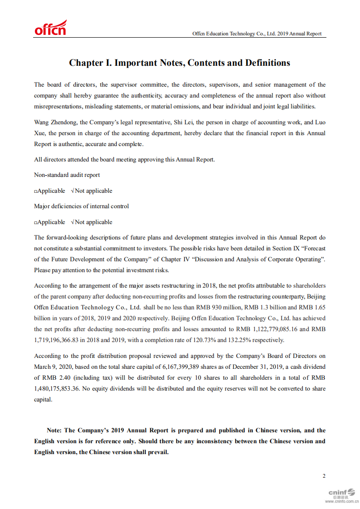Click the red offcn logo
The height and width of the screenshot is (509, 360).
click(x=50, y=28)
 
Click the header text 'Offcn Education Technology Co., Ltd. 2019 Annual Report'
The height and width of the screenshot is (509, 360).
click(x=256, y=34)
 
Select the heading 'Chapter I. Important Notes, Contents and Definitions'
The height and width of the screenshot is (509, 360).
click(x=179, y=63)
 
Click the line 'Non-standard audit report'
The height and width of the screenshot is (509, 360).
click(x=67, y=175)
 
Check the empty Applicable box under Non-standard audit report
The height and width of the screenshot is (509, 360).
click(x=35, y=191)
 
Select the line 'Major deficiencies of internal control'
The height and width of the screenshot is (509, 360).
click(x=81, y=206)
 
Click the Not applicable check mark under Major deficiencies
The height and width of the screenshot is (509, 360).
click(x=73, y=222)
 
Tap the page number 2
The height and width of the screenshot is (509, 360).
click(x=324, y=476)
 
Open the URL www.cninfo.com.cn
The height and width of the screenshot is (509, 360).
click(x=341, y=501)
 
